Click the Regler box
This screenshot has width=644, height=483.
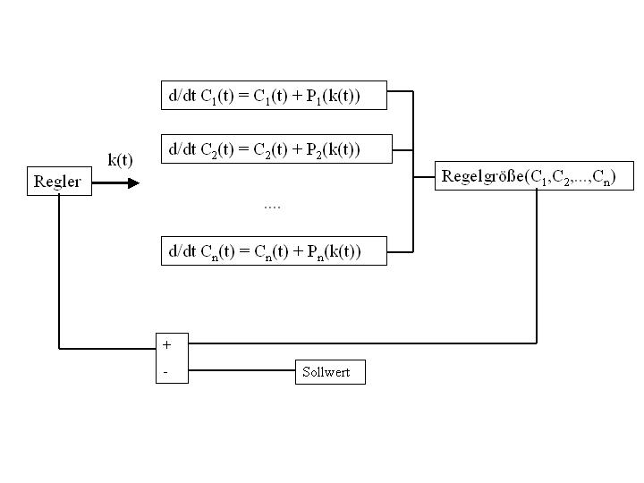point(57,182)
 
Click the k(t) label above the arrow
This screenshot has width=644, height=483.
point(120,161)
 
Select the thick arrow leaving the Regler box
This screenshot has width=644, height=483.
point(115,182)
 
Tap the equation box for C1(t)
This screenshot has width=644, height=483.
point(274,96)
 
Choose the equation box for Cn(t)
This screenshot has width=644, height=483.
point(274,251)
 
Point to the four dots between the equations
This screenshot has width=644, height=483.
point(272,207)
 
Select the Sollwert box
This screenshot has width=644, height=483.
point(330,371)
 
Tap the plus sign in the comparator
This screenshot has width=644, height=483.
point(167,344)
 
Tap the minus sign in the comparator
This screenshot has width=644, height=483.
point(166,371)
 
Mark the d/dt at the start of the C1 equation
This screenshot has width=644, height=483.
point(182,96)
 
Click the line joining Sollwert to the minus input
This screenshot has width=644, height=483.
point(241,369)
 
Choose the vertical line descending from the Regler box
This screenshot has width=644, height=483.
point(59,268)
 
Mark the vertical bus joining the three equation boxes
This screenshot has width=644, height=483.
point(413,170)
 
